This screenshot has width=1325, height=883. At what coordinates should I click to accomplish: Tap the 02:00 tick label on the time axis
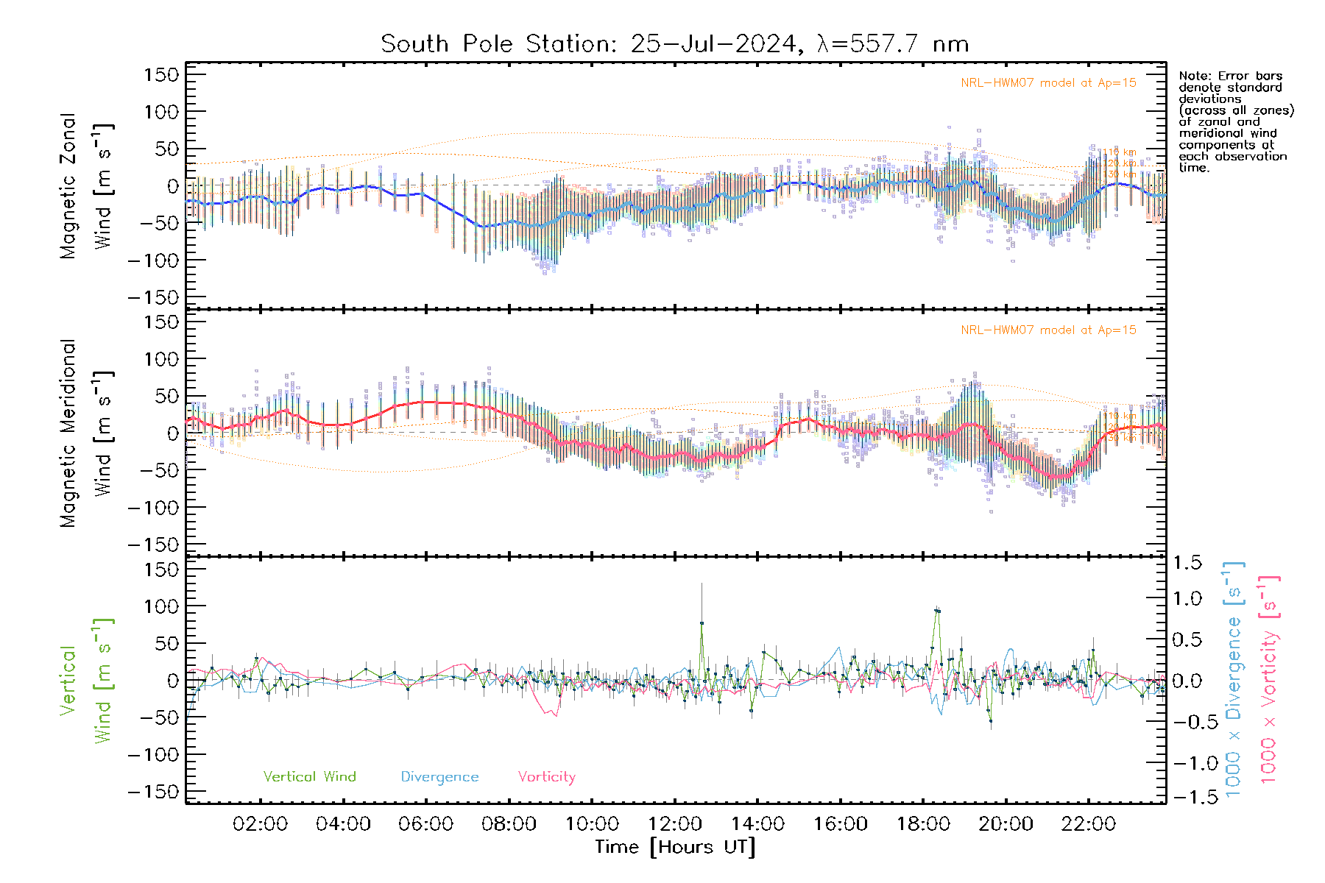click(260, 824)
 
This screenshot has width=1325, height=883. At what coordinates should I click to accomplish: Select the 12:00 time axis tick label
click(674, 824)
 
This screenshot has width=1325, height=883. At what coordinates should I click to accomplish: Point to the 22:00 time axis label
click(1089, 824)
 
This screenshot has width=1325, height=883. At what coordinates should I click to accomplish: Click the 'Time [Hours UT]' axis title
click(675, 848)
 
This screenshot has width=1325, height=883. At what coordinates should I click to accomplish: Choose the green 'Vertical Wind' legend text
click(309, 777)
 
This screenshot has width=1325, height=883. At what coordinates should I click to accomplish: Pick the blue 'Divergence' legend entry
click(439, 777)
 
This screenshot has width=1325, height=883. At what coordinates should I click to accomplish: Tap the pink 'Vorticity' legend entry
click(546, 777)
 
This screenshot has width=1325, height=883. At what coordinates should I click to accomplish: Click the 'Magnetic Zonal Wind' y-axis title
click(87, 186)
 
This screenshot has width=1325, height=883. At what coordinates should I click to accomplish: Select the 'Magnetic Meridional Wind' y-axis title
click(87, 433)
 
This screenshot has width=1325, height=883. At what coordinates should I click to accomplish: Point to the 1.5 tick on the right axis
click(1187, 563)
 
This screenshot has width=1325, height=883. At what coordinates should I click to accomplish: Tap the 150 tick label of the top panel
click(161, 74)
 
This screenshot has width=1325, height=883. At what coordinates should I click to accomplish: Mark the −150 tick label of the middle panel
click(153, 545)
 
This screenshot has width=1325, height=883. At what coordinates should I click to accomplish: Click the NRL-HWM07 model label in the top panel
click(1048, 83)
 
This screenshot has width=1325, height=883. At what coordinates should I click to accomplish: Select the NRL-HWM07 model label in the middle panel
click(1048, 330)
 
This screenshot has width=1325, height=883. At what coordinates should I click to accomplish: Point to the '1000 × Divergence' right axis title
click(1234, 679)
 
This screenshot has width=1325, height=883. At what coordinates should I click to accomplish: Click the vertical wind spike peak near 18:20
click(937, 610)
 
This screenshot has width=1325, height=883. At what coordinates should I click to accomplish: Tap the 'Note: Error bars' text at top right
click(1231, 76)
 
